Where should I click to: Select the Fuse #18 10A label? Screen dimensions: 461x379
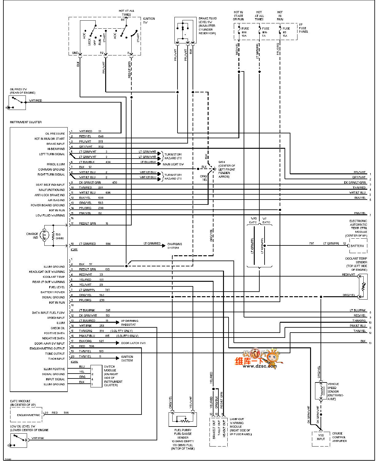(x=245, y=32)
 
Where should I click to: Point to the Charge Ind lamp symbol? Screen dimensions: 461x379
(x=45, y=236)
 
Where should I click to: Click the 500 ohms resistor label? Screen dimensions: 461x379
(x=59, y=236)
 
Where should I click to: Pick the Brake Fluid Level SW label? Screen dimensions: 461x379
(x=207, y=26)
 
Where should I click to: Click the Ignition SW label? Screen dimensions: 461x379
(x=149, y=20)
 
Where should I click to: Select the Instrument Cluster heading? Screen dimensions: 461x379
(x=26, y=122)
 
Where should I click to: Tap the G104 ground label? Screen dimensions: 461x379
(x=226, y=169)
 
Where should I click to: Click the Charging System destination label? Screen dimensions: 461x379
(x=174, y=246)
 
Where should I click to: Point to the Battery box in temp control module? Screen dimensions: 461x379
(x=357, y=246)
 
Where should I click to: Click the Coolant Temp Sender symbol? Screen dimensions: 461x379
(x=363, y=287)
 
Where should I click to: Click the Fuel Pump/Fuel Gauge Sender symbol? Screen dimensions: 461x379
(x=183, y=419)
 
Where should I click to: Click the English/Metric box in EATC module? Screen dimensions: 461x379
(x=28, y=415)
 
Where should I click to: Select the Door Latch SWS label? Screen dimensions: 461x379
(x=133, y=343)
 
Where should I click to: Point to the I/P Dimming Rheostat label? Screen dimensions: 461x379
(x=130, y=323)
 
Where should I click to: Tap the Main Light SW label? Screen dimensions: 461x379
(x=173, y=164)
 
